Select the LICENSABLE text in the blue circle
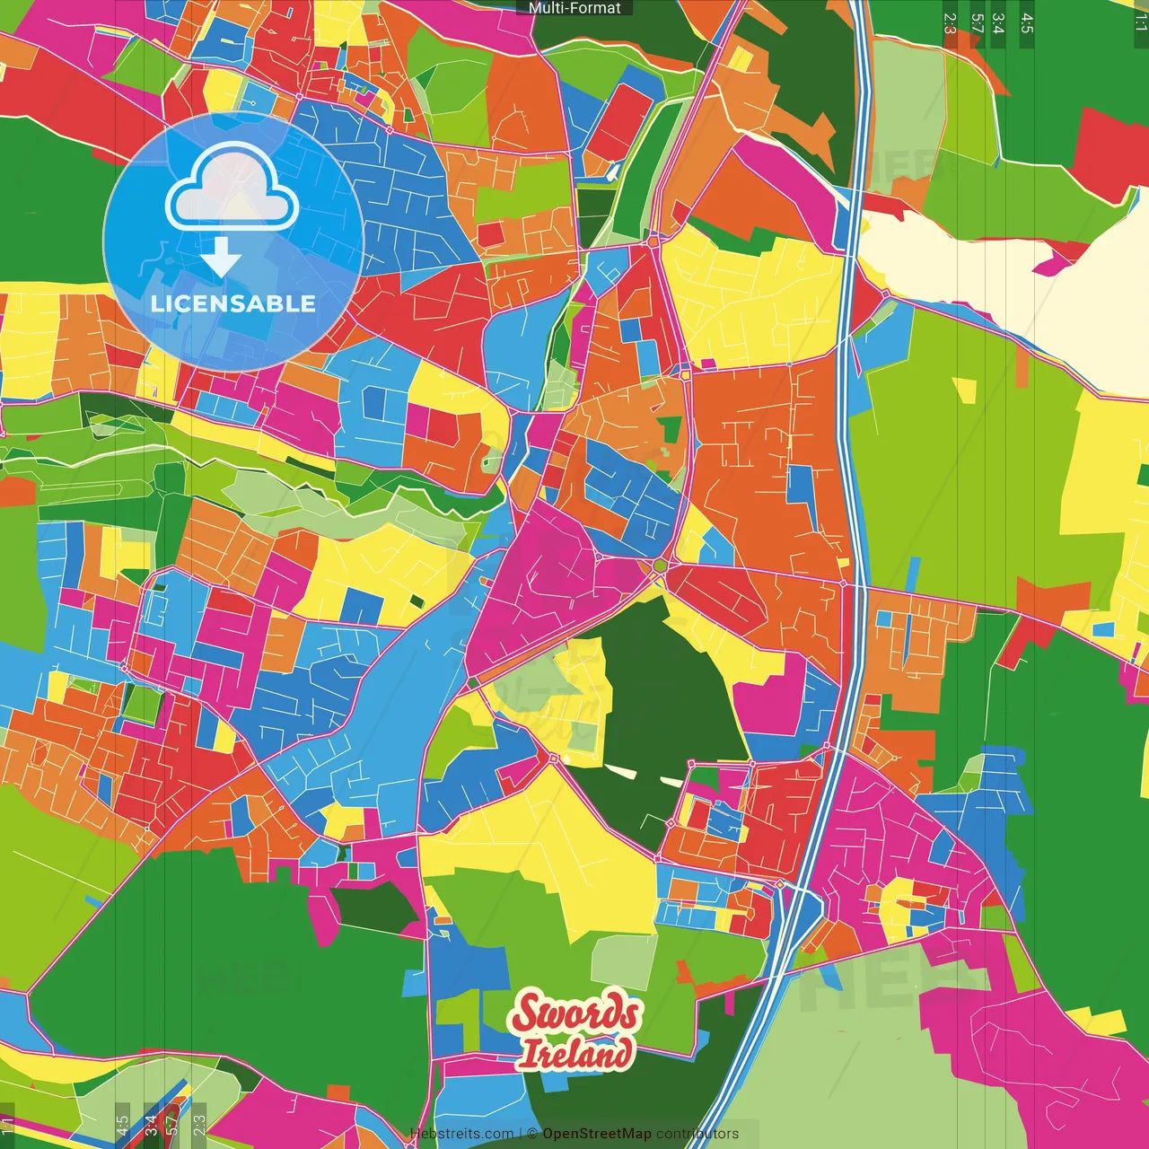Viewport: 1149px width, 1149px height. (233, 303)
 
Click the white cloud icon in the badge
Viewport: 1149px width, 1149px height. (232, 189)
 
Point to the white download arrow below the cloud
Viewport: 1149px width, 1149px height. (221, 259)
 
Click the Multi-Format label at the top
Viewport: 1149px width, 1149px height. (574, 8)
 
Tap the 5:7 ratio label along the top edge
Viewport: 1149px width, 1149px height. (977, 23)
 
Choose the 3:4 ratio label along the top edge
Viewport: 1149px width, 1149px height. (998, 23)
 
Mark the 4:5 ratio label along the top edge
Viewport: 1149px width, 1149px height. (1027, 23)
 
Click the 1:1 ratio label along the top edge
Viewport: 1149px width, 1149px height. (1140, 23)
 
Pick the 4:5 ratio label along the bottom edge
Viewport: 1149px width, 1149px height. (122, 1126)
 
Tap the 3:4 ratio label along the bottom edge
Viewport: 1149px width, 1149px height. (151, 1126)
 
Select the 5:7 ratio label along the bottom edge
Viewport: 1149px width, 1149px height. (171, 1126)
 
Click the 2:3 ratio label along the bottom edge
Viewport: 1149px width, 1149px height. (199, 1126)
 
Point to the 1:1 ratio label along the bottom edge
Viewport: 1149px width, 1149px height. (8, 1126)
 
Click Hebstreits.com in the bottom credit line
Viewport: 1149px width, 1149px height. (461, 1134)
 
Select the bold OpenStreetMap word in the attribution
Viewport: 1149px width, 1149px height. (596, 1134)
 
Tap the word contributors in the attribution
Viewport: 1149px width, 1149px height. (697, 1134)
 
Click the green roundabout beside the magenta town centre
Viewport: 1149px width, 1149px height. (661, 565)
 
